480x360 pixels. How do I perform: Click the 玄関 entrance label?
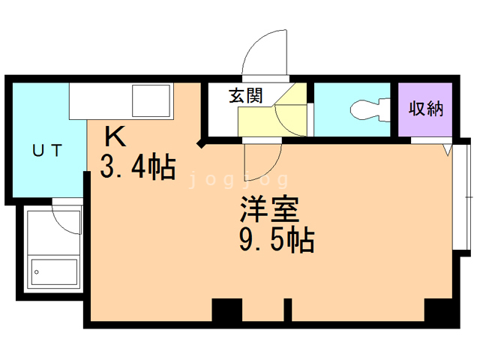tap(246, 95)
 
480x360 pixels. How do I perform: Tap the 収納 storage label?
tap(426, 108)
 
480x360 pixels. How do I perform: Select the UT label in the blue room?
tap(47, 151)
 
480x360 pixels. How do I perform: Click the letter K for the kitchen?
tap(115, 136)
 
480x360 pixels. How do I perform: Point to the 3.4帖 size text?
tap(138, 166)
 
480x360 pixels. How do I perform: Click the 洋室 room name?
tap(269, 208)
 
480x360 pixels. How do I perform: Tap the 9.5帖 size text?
tap(277, 240)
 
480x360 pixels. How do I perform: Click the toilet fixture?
tap(370, 109)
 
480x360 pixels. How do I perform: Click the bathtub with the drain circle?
tap(54, 272)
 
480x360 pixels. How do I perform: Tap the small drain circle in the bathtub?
tap(37, 272)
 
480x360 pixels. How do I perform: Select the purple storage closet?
tap(425, 109)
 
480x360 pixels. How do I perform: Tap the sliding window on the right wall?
tap(461, 197)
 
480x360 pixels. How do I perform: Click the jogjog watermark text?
tap(238, 179)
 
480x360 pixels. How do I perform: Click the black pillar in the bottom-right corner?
tap(438, 310)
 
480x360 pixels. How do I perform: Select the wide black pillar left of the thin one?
tap(227, 310)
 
